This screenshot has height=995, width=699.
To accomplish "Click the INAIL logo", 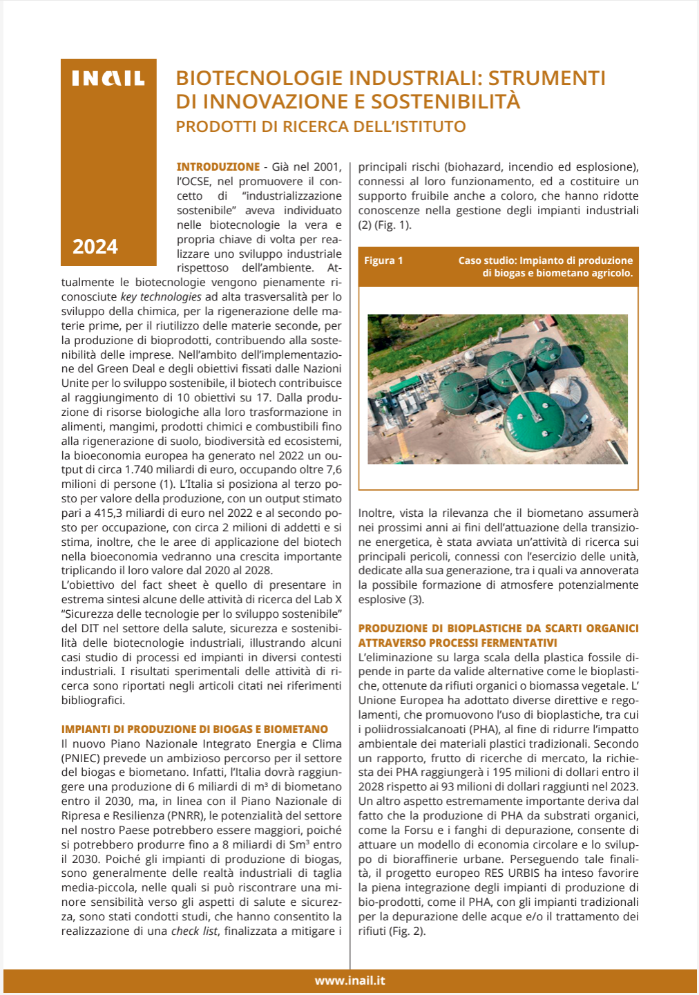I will click(x=108, y=79).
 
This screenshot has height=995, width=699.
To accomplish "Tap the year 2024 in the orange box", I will click(x=95, y=247).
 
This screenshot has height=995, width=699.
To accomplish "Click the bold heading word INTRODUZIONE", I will click(x=218, y=167).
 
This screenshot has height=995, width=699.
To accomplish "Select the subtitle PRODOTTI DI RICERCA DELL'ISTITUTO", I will click(x=320, y=126).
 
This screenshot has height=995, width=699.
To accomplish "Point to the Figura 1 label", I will click(x=383, y=260).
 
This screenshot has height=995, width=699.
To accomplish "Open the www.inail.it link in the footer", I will click(x=349, y=980).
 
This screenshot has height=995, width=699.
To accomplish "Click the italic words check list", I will click(x=195, y=931).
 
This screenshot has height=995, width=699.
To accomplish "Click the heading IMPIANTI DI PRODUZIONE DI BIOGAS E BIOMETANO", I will click(x=195, y=729).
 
